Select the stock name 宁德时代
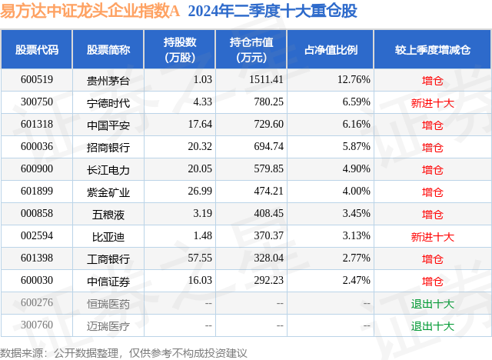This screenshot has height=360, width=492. coord(108,102)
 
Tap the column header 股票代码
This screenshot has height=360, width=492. coord(37,49)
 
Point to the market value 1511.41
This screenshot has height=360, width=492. coord(268,79)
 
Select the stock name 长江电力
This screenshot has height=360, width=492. coord(108,169)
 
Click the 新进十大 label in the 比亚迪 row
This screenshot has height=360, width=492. coord(433,237)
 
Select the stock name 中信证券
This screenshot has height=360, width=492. coord(108,282)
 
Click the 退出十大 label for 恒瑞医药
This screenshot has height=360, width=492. coord(433,304)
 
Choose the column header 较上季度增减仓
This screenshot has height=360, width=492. coord(433,49)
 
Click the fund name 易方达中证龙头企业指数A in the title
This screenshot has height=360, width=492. coord(91,13)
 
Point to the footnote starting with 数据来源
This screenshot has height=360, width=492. coord(124,352)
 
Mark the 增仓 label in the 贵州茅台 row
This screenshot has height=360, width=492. coord(433,80)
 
